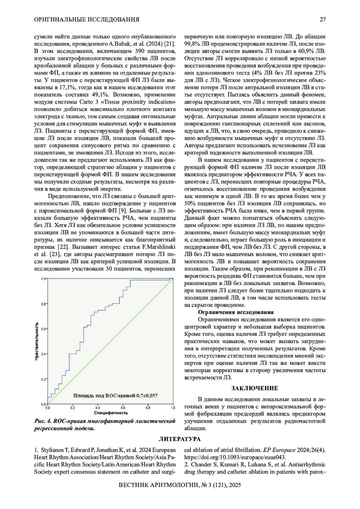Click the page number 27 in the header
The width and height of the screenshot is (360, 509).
(322, 20)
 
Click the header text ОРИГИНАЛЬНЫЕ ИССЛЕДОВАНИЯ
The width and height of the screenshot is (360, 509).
(87, 20)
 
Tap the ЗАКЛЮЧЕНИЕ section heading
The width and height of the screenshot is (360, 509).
(255, 388)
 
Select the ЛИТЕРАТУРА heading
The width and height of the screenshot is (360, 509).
(180, 439)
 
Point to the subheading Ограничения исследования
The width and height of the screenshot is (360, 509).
(236, 312)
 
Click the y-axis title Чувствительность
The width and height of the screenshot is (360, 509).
(37, 341)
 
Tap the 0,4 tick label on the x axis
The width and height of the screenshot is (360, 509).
(98, 408)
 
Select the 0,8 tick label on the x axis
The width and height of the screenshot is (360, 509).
(148, 408)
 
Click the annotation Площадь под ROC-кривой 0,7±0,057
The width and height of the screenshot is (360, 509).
(115, 396)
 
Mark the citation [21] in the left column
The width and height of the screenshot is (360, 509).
(169, 44)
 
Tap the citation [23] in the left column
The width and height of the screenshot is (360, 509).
(55, 254)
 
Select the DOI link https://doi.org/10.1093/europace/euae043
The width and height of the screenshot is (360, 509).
(235, 457)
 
